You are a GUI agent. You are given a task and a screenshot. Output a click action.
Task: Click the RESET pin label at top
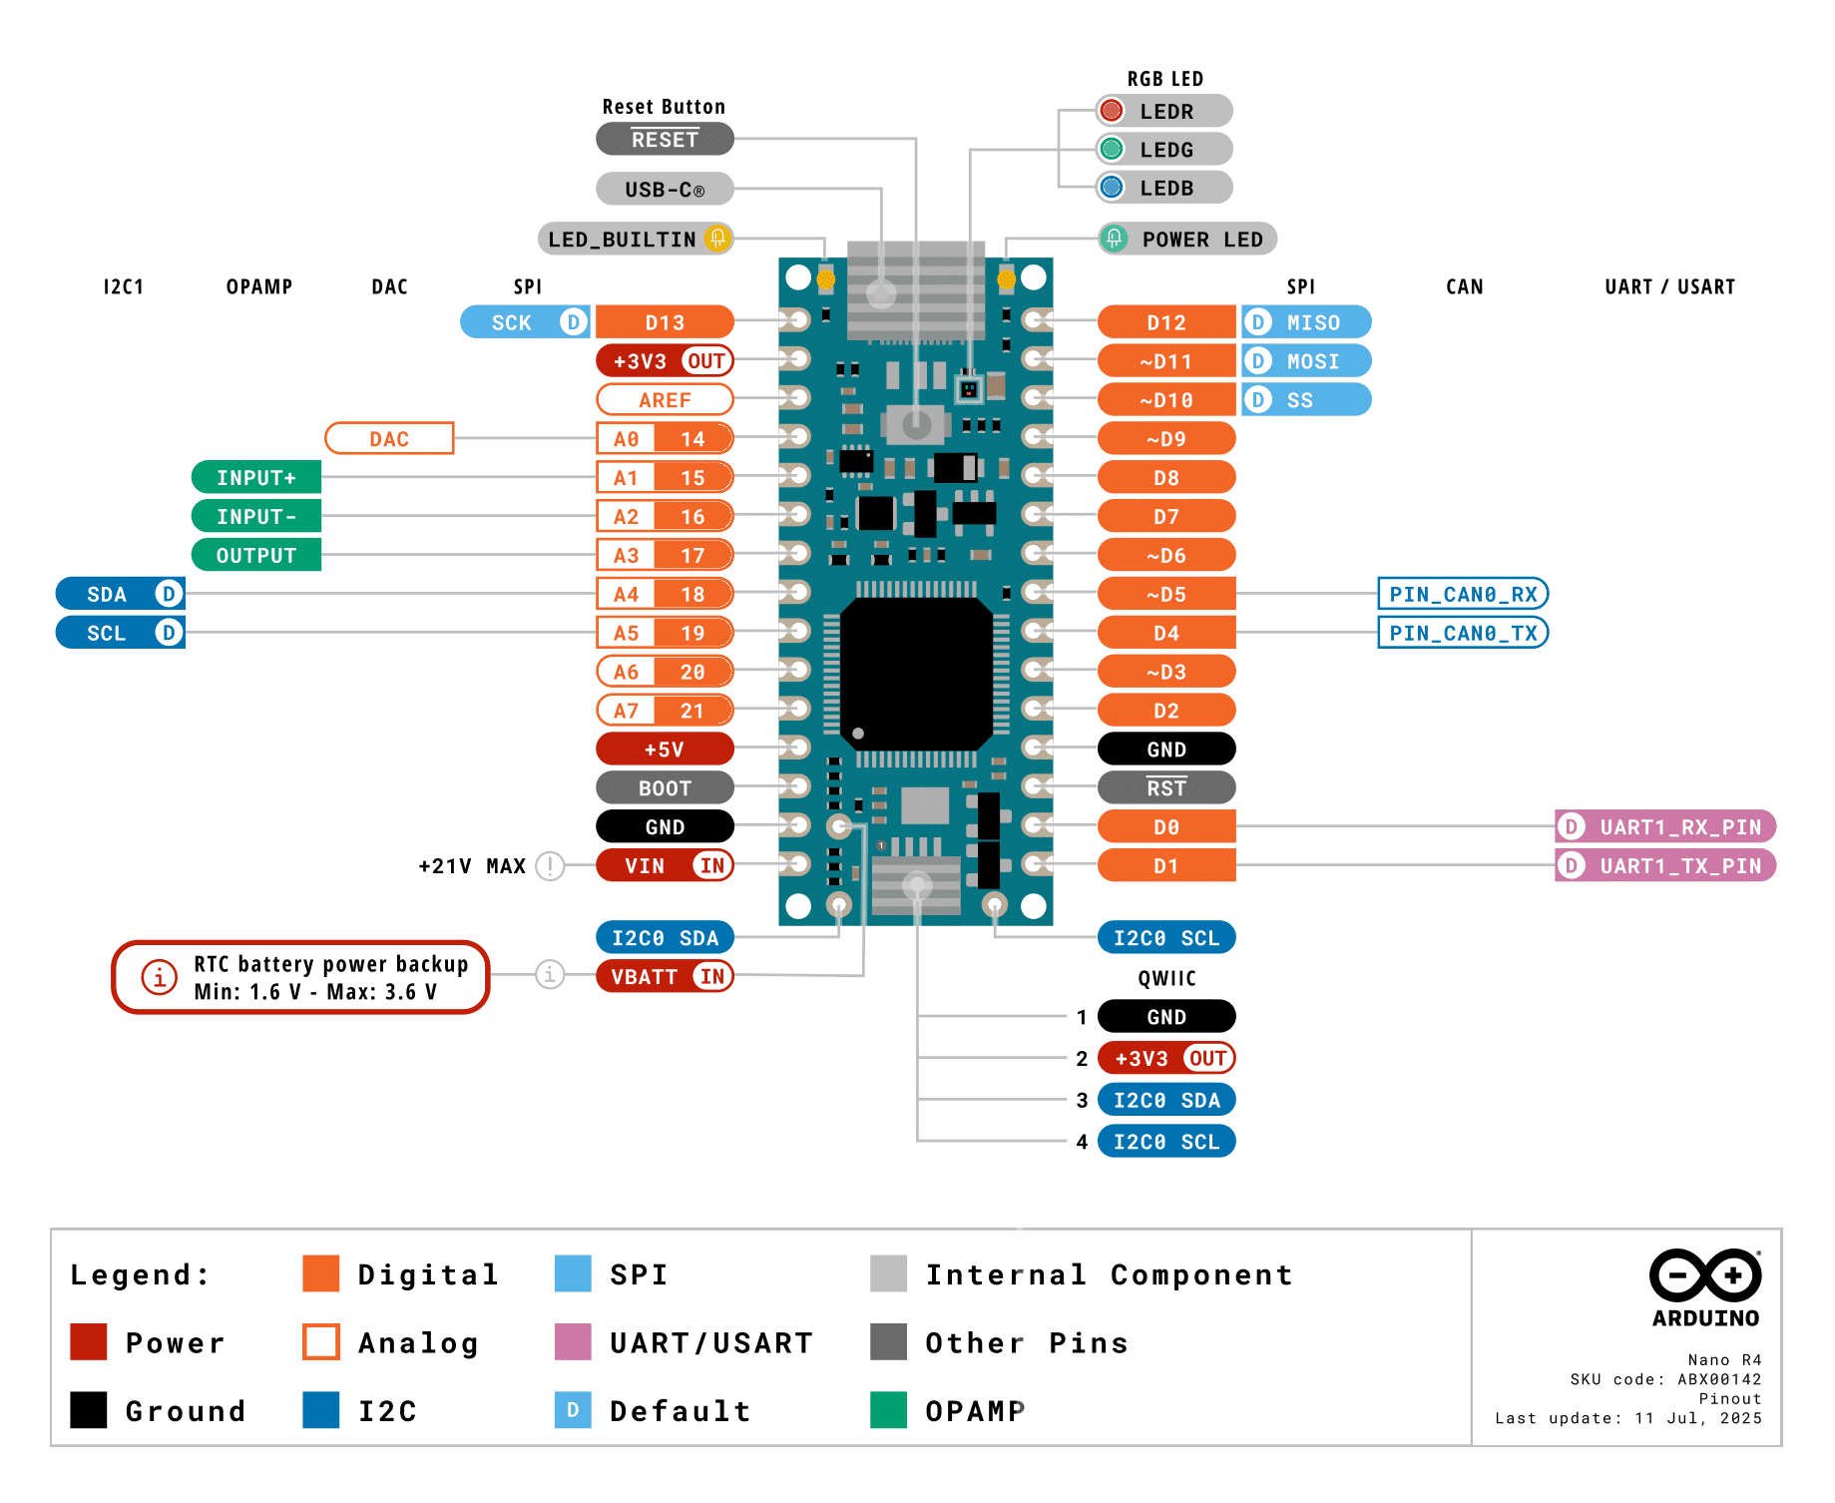[x=665, y=140]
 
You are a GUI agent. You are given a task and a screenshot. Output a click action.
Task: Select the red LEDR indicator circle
[x=1111, y=111]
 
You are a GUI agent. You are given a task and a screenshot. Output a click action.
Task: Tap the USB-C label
[x=665, y=189]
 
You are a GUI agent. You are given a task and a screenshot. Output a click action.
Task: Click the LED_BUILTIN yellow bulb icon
[x=716, y=239]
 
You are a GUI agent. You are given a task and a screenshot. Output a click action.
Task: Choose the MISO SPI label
[x=1306, y=322]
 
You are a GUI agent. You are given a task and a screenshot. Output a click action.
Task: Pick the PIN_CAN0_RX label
[x=1462, y=594]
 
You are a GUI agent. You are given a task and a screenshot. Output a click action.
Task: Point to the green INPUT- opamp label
[x=256, y=516]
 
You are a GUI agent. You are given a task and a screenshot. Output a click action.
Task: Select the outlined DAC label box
[x=389, y=438]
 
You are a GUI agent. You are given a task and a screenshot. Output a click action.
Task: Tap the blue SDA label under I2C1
[x=120, y=594]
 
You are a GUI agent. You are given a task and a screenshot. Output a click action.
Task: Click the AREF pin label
[x=665, y=399]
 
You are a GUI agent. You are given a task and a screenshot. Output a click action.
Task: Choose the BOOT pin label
[x=665, y=787]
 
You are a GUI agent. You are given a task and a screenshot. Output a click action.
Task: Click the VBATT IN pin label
[x=665, y=976]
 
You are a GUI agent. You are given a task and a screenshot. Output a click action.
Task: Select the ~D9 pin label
[x=1165, y=438]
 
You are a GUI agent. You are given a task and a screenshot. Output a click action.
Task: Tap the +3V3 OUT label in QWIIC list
[x=1165, y=1058]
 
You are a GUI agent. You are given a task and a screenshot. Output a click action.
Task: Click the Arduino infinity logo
[x=1704, y=1274]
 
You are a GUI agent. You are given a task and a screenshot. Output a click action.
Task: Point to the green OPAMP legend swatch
[x=888, y=1410]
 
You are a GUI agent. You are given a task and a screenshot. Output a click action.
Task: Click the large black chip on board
[x=915, y=674]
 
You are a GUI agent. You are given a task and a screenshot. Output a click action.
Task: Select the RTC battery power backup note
[x=300, y=977]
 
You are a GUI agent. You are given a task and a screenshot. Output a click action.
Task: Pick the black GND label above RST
[x=1165, y=749]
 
